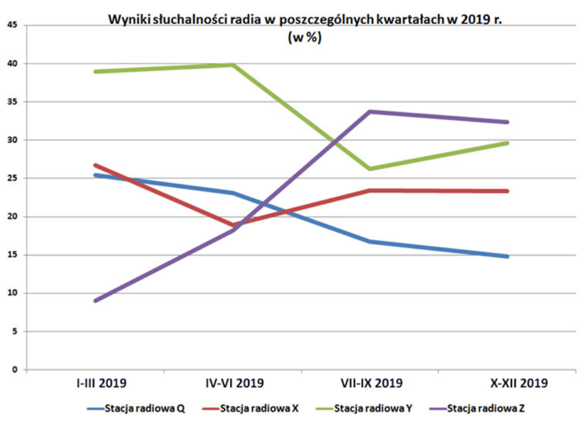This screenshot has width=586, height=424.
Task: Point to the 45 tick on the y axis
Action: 12,25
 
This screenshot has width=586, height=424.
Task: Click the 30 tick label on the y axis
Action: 12,140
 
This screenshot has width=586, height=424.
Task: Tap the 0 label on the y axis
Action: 15,369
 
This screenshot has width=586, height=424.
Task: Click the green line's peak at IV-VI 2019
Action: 233,65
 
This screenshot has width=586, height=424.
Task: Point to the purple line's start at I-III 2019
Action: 96,301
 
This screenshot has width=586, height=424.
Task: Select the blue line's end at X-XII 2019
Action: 508,256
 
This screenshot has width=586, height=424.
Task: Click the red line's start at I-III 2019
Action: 96,165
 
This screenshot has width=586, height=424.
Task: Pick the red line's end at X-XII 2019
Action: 508,191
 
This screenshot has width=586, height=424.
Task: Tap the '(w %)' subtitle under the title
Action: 304,38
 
